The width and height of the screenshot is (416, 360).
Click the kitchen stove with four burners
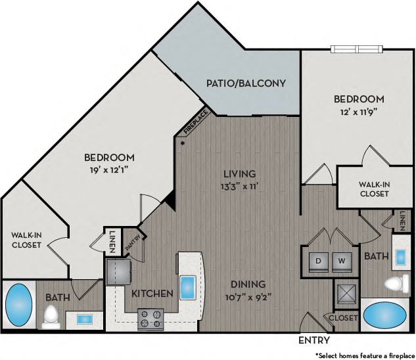pyautogui.click(x=150, y=319)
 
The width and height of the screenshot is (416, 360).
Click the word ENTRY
pyautogui.click(x=313, y=340)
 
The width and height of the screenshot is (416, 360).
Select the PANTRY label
pyautogui.click(x=131, y=242)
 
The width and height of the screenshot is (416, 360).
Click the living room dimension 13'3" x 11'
pyautogui.click(x=239, y=187)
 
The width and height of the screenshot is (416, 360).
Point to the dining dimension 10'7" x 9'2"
pyautogui.click(x=248, y=296)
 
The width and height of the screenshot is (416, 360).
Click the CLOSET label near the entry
pyautogui.click(x=344, y=318)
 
